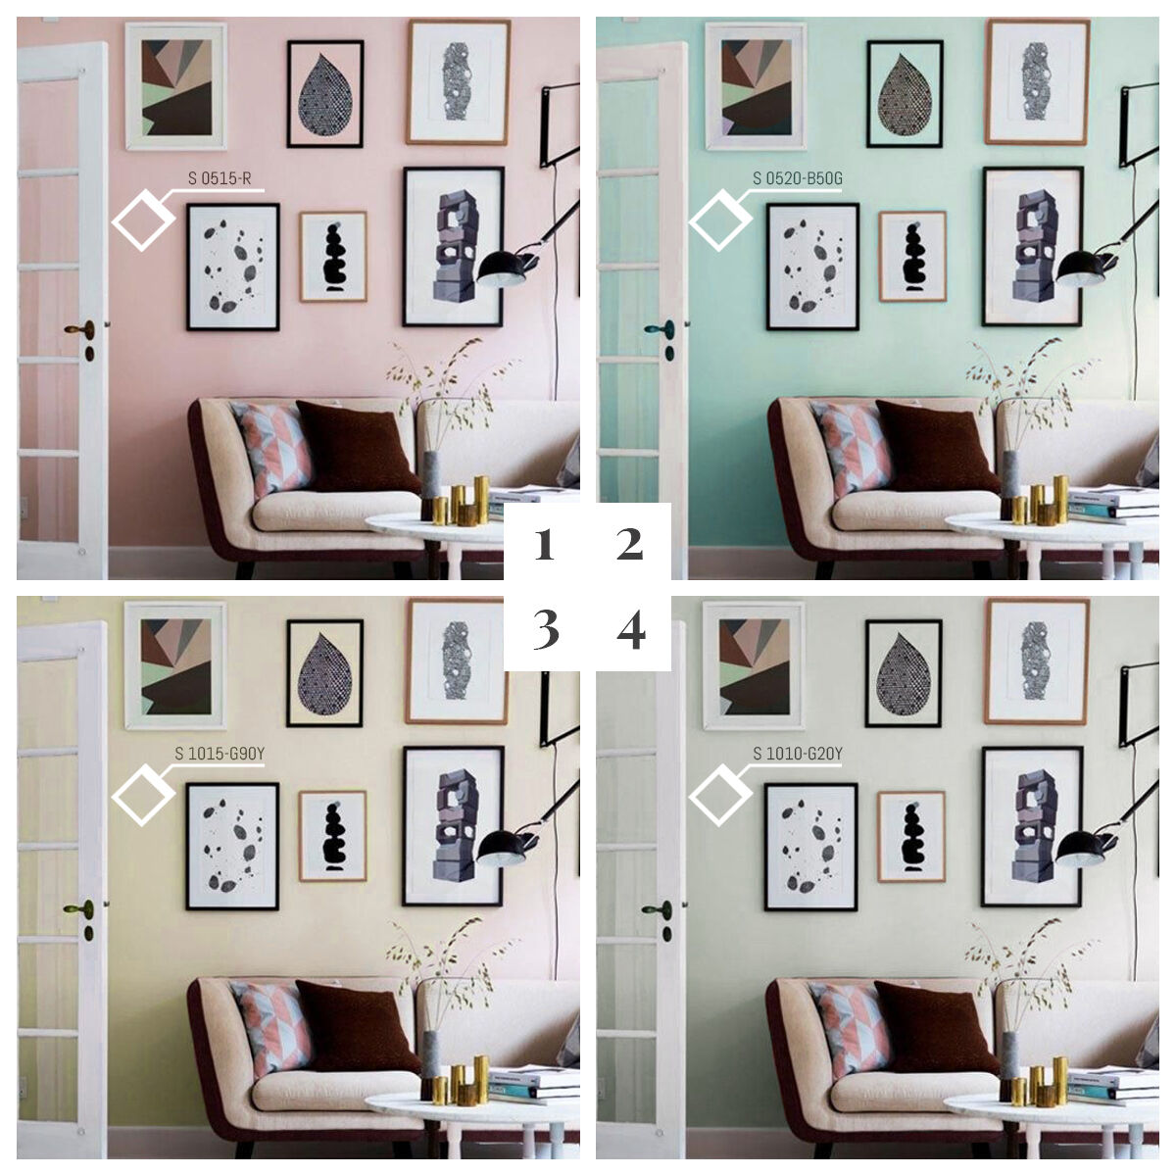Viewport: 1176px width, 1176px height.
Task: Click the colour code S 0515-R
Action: point(220,178)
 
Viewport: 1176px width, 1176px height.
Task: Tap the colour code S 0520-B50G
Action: point(797,178)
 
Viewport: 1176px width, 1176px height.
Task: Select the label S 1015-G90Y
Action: point(220,754)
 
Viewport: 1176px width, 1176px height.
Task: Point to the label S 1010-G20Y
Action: point(797,754)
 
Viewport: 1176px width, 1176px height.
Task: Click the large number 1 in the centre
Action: point(544,545)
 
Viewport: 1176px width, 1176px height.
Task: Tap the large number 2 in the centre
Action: point(629,545)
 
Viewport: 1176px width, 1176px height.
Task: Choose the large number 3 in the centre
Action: point(545,631)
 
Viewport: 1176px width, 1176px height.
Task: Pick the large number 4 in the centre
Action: point(630,631)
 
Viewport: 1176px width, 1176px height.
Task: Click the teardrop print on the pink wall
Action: point(325,93)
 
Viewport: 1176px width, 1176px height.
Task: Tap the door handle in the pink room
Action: point(80,330)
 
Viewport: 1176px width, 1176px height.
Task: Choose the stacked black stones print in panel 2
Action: point(911,257)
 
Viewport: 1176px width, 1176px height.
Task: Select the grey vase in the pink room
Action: point(431,486)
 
